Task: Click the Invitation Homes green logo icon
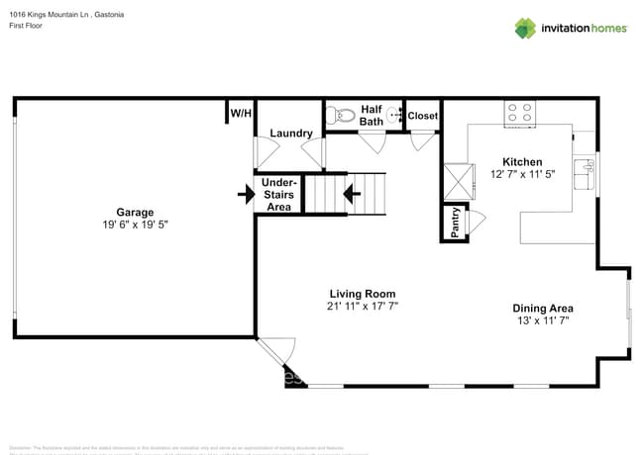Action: [x=525, y=28]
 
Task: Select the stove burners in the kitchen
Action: [x=519, y=112]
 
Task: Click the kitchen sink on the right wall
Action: [x=587, y=172]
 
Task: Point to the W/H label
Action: [x=241, y=114]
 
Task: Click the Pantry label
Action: [x=455, y=223]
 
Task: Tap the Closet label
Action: [x=423, y=116]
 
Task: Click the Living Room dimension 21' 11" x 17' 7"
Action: [x=363, y=307]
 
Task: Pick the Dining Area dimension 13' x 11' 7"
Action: [x=542, y=321]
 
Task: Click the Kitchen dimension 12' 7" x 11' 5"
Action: [x=522, y=174]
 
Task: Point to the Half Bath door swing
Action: [x=373, y=142]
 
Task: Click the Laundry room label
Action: [x=290, y=134]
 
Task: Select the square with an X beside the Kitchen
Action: [x=459, y=181]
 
